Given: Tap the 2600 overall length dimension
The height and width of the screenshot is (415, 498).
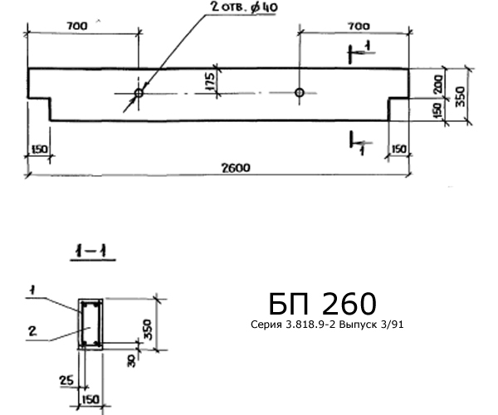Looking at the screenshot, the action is click(236, 168).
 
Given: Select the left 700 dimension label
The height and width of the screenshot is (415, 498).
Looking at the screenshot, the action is click(77, 26).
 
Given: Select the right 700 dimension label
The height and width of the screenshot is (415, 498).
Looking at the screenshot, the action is click(359, 26).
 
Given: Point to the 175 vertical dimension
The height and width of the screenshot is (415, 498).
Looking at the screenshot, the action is click(210, 82).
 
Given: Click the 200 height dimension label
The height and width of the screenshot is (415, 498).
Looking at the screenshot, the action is click(437, 84).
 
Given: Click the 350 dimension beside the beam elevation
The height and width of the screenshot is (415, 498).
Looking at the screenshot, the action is click(461, 96).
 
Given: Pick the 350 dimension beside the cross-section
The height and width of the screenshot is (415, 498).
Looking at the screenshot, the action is click(148, 330).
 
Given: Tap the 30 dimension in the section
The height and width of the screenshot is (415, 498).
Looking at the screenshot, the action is click(131, 361).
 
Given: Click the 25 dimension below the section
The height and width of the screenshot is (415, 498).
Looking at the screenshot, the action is click(66, 380).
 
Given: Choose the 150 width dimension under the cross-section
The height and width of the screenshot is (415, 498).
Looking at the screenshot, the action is click(90, 399).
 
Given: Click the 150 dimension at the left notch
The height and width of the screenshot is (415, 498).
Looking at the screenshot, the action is click(39, 149).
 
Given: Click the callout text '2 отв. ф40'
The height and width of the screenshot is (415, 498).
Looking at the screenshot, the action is click(244, 7).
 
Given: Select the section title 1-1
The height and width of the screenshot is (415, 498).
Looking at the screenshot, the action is click(91, 251).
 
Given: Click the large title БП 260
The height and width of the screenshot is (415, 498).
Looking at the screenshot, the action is click(323, 304).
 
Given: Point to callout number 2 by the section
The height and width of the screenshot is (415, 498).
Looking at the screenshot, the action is click(32, 331).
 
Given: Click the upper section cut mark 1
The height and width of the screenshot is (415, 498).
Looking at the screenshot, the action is click(368, 45).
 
